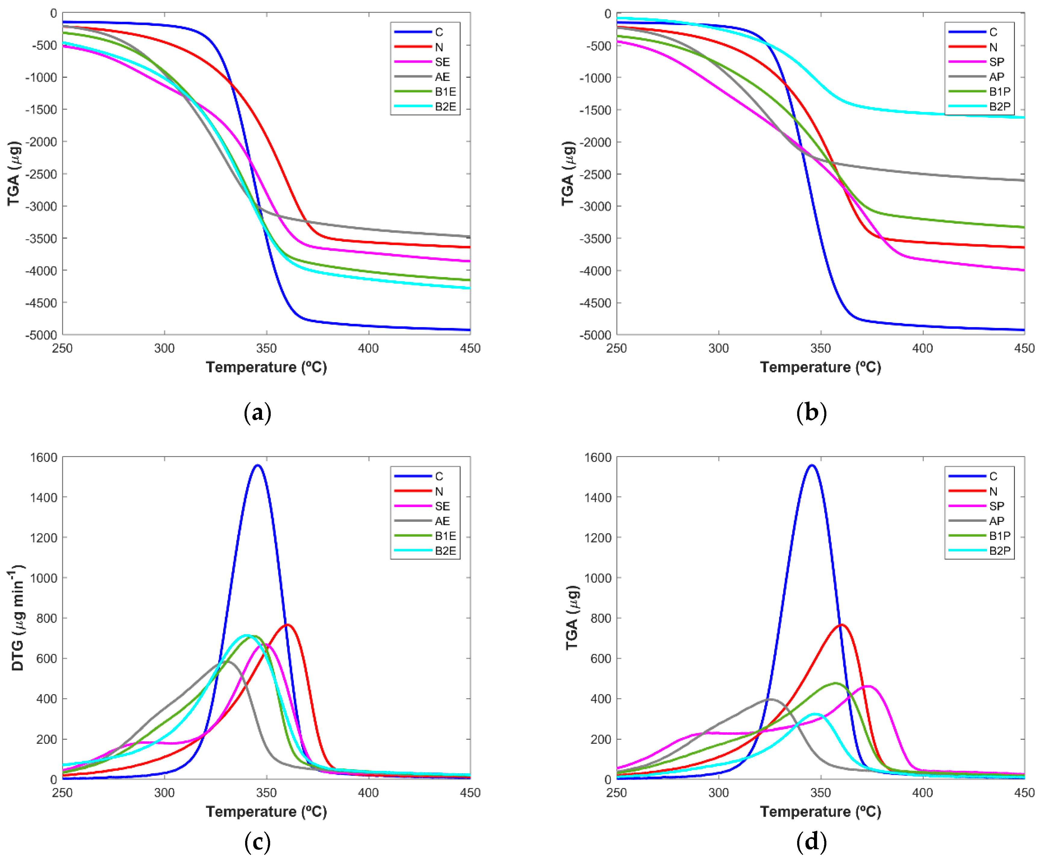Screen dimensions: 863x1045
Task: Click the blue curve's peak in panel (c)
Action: pyautogui.click(x=257, y=465)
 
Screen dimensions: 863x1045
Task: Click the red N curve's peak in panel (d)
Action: pyautogui.click(x=841, y=625)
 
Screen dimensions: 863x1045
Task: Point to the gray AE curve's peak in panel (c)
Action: pyautogui.click(x=227, y=661)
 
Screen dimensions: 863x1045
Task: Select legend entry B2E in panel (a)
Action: pyautogui.click(x=445, y=106)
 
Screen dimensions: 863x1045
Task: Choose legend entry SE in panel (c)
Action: pyautogui.click(x=442, y=506)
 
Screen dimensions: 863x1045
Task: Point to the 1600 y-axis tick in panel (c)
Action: pyautogui.click(x=44, y=457)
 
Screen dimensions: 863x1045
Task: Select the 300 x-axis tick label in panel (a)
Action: pyautogui.click(x=164, y=348)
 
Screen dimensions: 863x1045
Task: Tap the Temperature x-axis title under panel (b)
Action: pyautogui.click(x=820, y=367)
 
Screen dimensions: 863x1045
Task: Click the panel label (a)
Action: pyautogui.click(x=257, y=413)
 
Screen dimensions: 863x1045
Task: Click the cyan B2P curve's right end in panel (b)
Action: pyautogui.click(x=1023, y=117)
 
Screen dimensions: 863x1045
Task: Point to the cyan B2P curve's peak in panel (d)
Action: pyautogui.click(x=815, y=714)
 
